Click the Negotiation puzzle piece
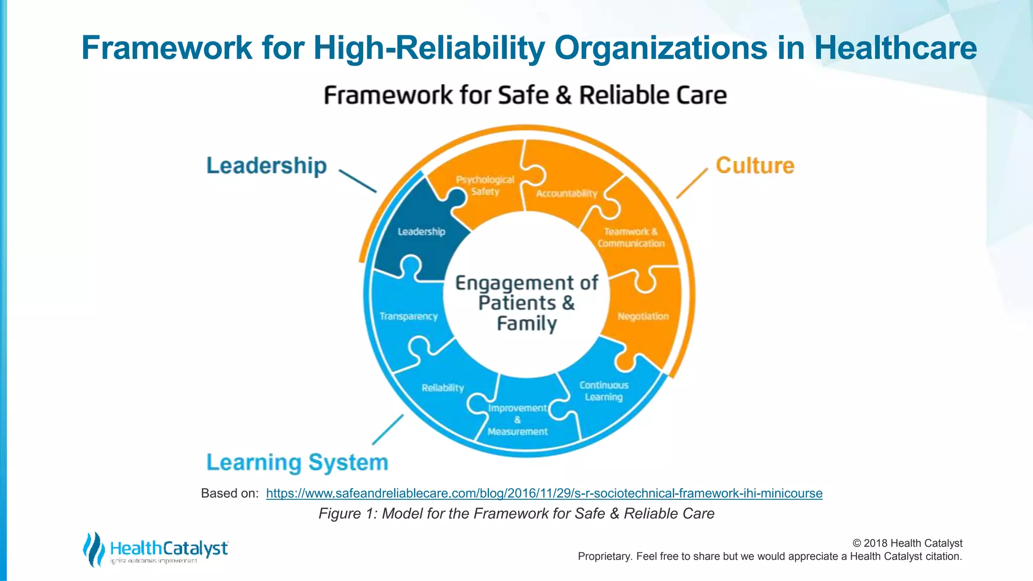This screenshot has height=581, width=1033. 643,317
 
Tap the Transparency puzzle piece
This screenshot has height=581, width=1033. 409,317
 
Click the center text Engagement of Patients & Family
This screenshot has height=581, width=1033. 527,303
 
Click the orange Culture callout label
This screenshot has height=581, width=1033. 755,165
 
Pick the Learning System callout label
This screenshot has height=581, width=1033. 297,462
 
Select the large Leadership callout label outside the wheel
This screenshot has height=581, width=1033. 266,165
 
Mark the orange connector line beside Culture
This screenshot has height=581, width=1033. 692,184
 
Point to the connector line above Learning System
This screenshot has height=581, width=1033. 388,430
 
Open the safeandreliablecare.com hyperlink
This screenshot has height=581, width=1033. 544,493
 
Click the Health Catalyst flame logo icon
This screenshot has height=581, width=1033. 93,549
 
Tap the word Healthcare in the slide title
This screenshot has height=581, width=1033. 895,48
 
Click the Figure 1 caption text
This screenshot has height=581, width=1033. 516,513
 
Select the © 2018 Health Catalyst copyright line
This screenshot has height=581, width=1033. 907,543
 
